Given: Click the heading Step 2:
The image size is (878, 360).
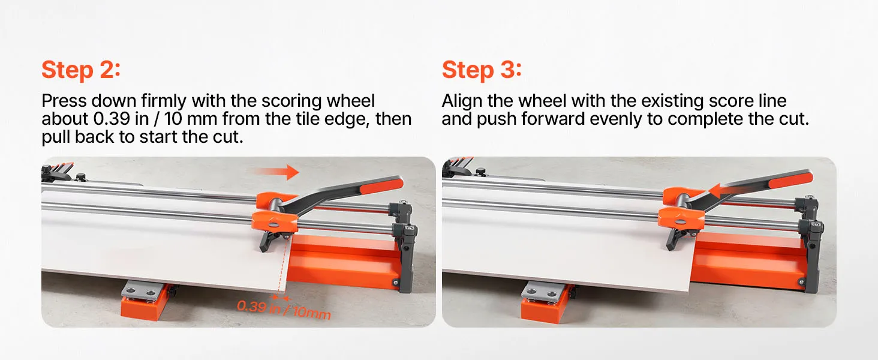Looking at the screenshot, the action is click(81, 70).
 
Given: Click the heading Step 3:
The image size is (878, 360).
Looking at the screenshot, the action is click(482, 70).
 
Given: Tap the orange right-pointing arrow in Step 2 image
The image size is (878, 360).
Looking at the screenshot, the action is click(275, 172).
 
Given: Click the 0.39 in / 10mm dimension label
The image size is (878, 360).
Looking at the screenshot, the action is click(284, 310).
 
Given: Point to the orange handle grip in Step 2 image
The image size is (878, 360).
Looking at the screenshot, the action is click(381, 185).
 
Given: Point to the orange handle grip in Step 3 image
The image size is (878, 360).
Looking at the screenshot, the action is click(790, 179).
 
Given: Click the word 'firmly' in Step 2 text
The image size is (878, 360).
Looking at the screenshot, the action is click(164, 101).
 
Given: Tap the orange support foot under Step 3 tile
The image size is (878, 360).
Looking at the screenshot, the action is click(545, 308).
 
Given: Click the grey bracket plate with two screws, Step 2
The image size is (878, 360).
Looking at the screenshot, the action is click(140, 290).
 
